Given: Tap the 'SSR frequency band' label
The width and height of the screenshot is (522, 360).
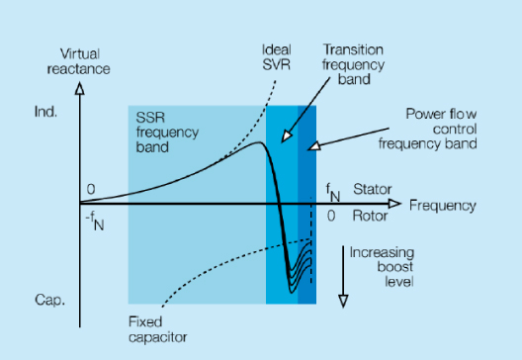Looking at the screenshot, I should click(x=164, y=135).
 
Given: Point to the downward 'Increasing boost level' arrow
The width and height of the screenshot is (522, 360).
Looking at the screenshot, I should click(x=341, y=272).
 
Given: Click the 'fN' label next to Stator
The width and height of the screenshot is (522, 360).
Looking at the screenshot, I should click(x=333, y=188).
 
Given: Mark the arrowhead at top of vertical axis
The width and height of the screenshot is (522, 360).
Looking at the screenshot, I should click(x=81, y=87).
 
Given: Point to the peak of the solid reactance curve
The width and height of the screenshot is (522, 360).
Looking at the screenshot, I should click(x=259, y=144).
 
